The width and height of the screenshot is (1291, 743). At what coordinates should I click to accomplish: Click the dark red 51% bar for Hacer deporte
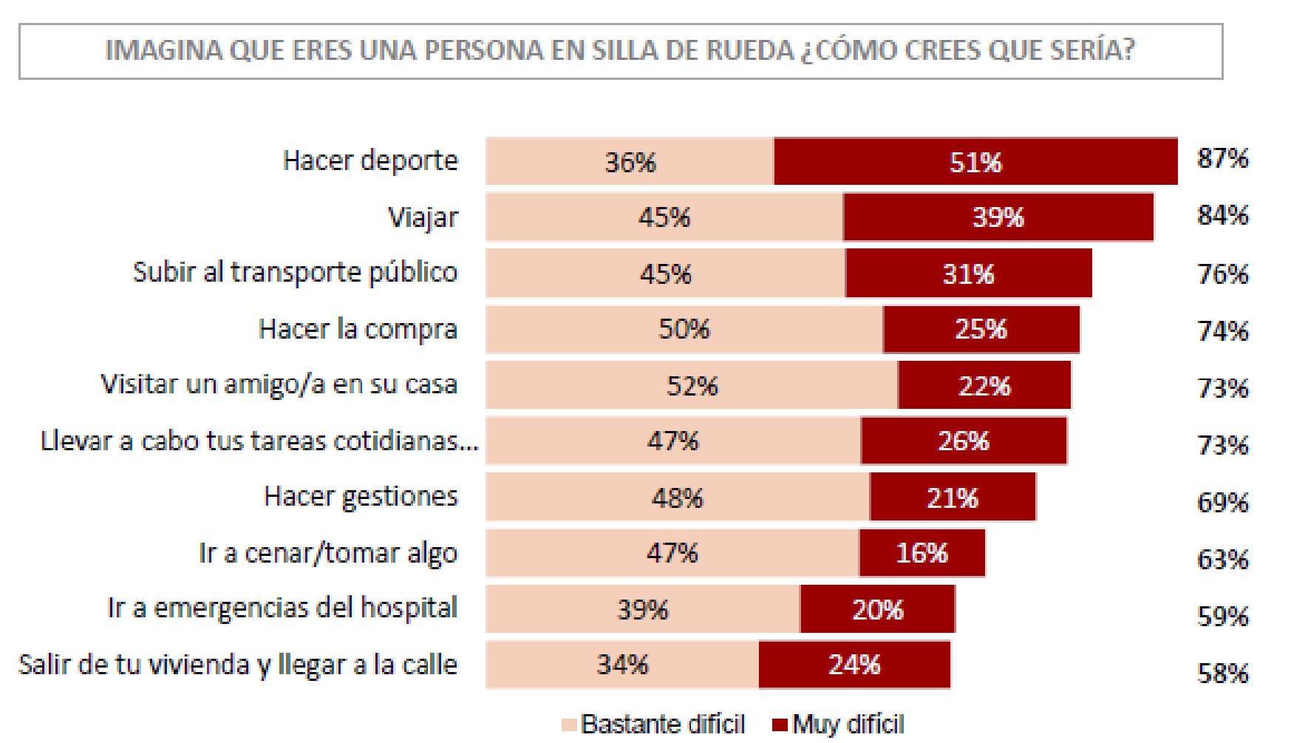[x=975, y=161]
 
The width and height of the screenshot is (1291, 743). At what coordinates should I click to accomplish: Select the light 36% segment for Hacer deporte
[x=630, y=161]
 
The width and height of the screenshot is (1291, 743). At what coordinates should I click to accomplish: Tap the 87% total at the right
[x=1222, y=158]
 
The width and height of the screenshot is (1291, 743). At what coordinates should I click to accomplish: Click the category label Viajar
[x=423, y=217]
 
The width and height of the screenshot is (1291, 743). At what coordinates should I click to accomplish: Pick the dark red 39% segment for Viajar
[x=998, y=217]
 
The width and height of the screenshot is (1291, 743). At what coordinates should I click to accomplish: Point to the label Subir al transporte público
[x=295, y=273]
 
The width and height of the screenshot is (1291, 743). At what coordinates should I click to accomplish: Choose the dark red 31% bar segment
[x=968, y=274]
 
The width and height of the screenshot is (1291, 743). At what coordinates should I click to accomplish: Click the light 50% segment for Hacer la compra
[x=684, y=329]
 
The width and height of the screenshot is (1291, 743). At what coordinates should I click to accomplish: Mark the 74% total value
[x=1222, y=330]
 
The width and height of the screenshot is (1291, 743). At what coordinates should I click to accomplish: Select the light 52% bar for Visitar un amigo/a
[x=692, y=385]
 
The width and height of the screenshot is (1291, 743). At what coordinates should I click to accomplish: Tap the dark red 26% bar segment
[x=963, y=441]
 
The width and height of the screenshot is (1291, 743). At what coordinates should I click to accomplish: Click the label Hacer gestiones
[x=361, y=497]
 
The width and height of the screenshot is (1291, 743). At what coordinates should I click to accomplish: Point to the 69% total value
[x=1222, y=503]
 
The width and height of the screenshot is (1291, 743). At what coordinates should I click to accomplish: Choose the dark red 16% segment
[x=922, y=553]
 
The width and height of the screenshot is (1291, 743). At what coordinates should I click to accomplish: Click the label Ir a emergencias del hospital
[x=282, y=608]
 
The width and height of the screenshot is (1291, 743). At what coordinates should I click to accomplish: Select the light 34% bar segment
[x=622, y=665]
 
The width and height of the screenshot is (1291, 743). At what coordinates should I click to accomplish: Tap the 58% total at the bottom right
[x=1222, y=673]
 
